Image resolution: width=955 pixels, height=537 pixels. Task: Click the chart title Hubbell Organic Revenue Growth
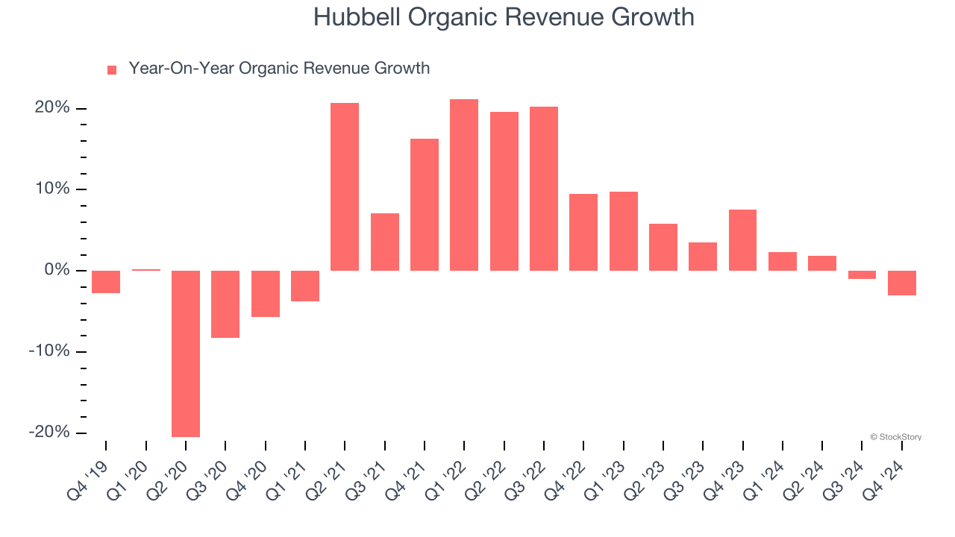[x=504, y=16]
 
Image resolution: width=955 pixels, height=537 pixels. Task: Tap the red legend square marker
[x=112, y=69]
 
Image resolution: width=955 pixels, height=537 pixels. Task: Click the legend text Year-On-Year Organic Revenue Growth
[x=279, y=69]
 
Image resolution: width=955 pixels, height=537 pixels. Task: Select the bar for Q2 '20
[x=186, y=354]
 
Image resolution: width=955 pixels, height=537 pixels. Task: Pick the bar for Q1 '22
[x=464, y=185]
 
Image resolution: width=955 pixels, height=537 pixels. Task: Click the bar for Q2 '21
[x=345, y=186]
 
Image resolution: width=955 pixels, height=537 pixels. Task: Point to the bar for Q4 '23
[x=742, y=240]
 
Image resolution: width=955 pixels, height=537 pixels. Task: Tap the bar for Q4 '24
[x=902, y=283]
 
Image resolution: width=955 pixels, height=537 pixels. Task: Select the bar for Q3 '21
[x=385, y=242]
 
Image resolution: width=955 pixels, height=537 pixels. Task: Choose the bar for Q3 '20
[x=225, y=304]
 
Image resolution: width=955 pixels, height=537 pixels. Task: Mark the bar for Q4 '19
[x=106, y=282]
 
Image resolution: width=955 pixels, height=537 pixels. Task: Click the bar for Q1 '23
[x=624, y=231]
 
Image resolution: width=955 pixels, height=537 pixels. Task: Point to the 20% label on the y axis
[x=52, y=108]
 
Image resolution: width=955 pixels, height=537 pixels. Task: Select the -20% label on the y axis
[x=49, y=433]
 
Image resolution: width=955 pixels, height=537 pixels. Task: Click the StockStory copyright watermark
[x=895, y=437]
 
